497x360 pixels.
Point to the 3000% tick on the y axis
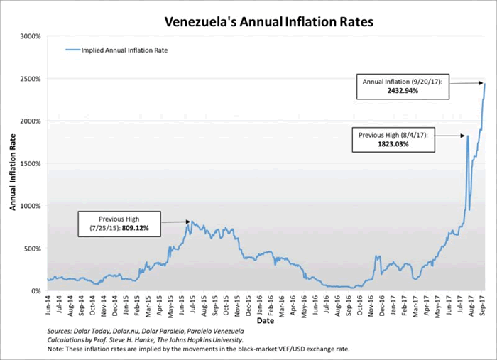click(x=30, y=36)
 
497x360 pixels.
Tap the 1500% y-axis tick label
click(x=30, y=163)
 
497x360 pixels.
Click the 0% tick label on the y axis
click(x=35, y=291)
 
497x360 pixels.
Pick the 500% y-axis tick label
click(x=32, y=249)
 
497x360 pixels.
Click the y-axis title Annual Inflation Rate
click(x=13, y=163)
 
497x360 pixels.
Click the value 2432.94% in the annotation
click(x=403, y=92)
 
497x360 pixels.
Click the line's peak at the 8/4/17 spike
click(x=467, y=136)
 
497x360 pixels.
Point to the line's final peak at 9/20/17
click(x=484, y=84)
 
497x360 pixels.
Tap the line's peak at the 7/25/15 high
click(x=190, y=222)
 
